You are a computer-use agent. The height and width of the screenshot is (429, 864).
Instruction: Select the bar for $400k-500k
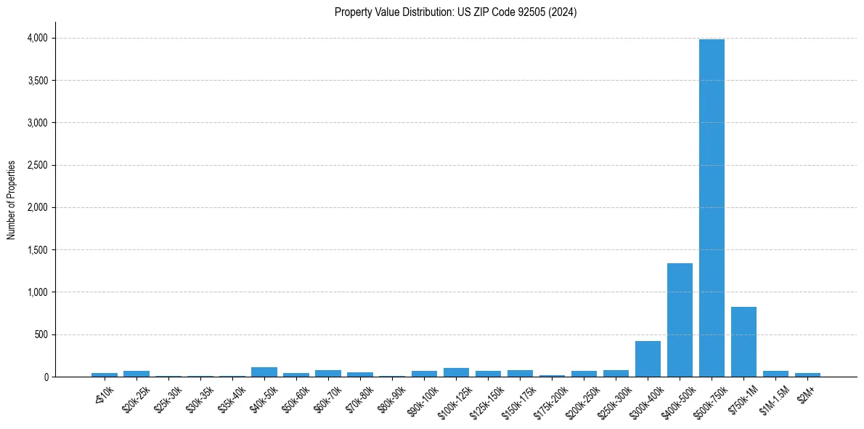(x=680, y=320)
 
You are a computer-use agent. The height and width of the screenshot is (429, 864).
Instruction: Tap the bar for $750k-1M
(x=743, y=342)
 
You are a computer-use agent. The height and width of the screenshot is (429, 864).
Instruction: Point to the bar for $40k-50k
(x=264, y=372)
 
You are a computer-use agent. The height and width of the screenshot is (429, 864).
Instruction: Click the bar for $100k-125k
(x=456, y=372)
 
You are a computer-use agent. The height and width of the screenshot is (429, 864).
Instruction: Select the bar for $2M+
(x=807, y=374)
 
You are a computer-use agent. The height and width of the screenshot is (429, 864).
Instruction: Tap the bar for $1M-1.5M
(x=775, y=374)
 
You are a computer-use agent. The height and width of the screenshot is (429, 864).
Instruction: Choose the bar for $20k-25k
(x=136, y=374)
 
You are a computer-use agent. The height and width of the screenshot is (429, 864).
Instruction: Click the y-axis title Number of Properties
(x=12, y=199)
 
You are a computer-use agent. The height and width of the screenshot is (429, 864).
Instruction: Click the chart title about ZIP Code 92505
(x=455, y=12)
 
